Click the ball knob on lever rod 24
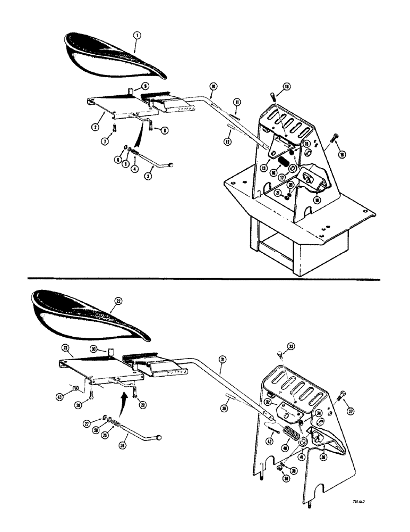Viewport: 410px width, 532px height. (x=159, y=437)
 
